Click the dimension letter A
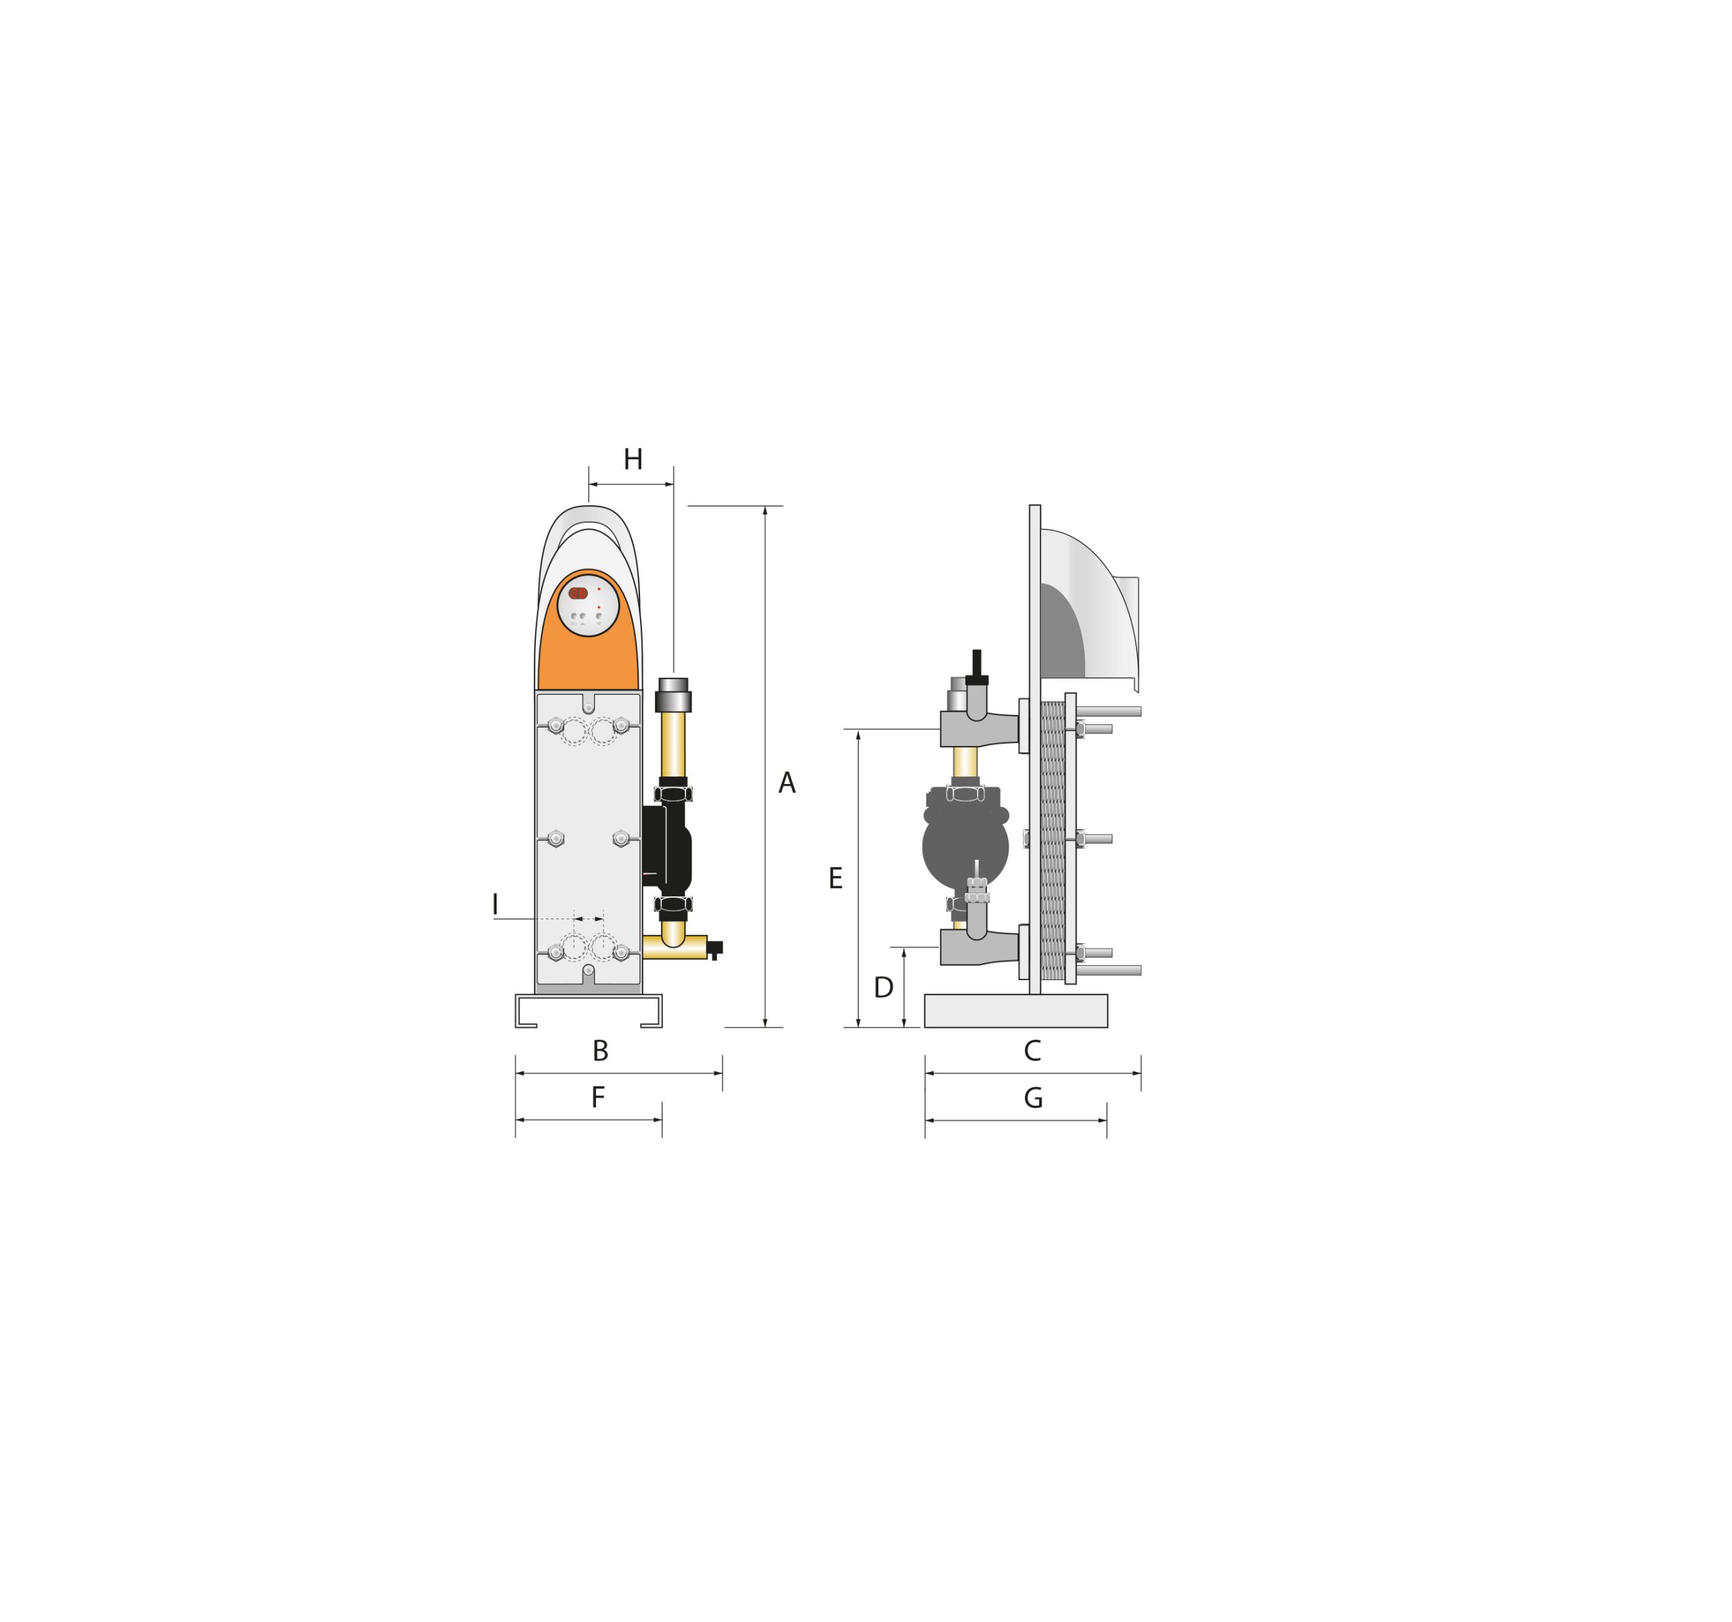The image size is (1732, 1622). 787,783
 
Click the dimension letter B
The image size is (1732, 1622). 600,1051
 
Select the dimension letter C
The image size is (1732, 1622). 1032,1051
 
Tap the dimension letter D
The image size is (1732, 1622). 884,988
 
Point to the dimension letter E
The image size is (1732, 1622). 836,879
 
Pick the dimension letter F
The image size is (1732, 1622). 597,1098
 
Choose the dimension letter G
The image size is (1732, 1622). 1033,1098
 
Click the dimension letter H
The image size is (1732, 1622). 633,459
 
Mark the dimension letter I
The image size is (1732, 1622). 495,904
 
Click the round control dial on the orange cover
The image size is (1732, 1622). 588,605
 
